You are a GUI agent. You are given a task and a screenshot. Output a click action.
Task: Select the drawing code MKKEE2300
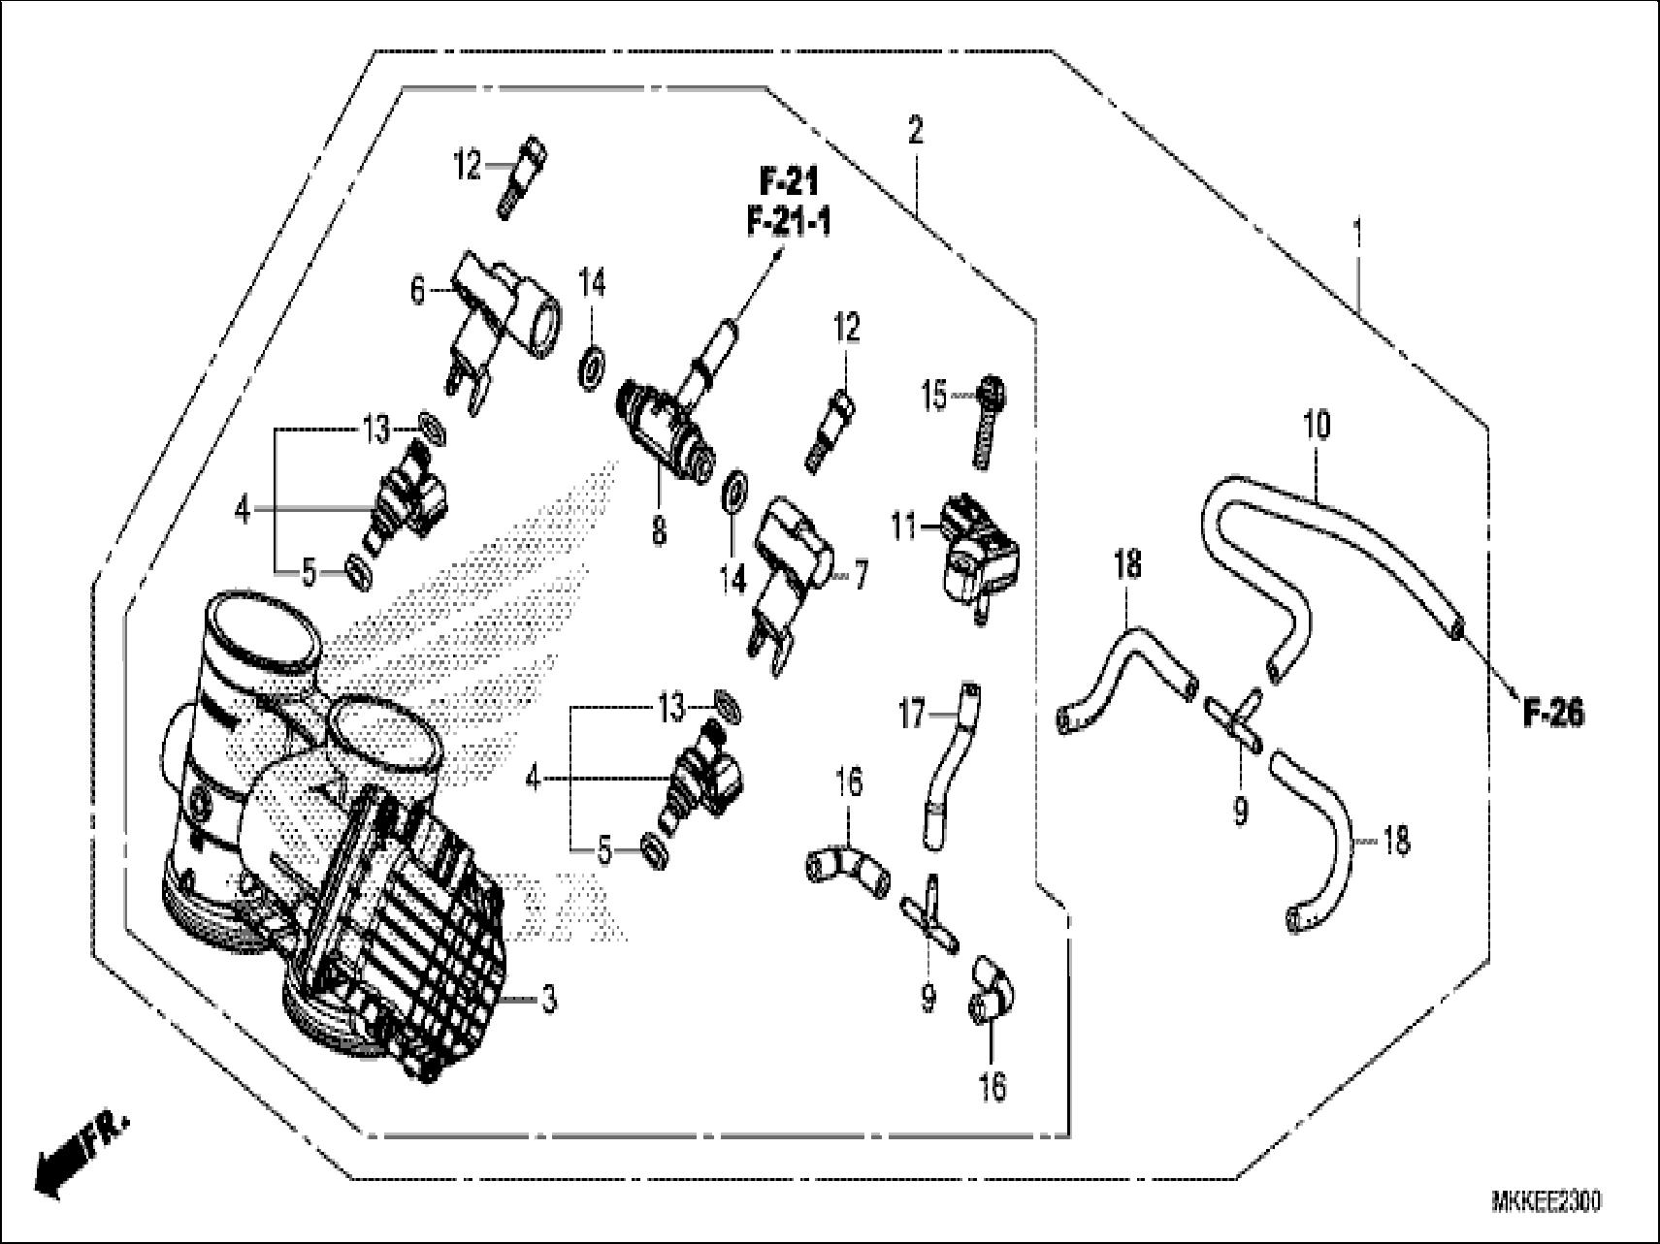point(1546,1201)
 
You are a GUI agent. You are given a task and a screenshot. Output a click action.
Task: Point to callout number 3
point(549,999)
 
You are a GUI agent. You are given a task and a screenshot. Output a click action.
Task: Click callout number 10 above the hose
point(1317,425)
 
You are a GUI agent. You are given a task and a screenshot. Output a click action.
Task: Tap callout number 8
point(659,530)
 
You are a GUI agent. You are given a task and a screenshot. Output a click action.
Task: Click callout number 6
point(417,290)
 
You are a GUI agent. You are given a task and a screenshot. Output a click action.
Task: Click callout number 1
point(1357,232)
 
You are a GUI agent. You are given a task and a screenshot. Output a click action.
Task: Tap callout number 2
point(915,131)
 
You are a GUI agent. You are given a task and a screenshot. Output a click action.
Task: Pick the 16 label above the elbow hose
point(849,782)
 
